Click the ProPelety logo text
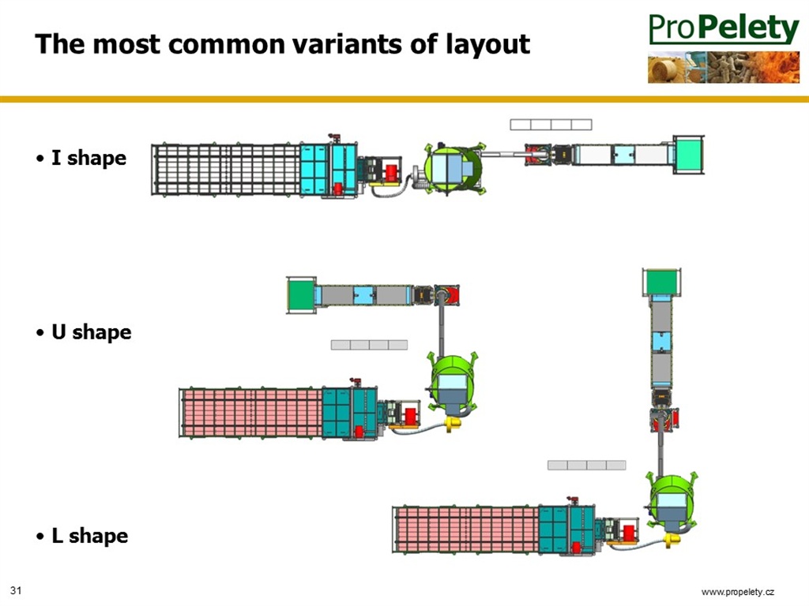[x=724, y=28]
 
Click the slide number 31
[x=16, y=590]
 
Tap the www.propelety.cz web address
[x=738, y=592]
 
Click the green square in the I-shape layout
[x=688, y=155]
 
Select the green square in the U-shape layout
[x=301, y=295]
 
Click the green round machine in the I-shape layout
[x=453, y=167]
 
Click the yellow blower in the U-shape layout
[x=452, y=425]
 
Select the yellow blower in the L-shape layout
[x=672, y=540]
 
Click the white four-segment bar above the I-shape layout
[x=551, y=124]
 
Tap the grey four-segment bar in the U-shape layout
[x=370, y=345]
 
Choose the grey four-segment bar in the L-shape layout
[x=587, y=465]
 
